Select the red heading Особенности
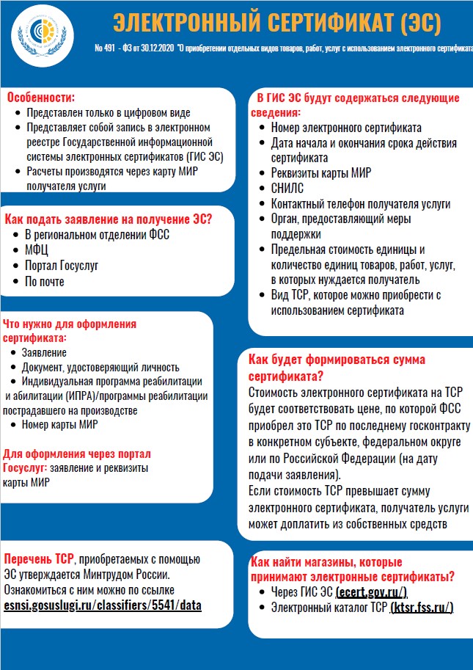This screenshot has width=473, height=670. tap(41, 98)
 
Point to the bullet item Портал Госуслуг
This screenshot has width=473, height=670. tap(62, 266)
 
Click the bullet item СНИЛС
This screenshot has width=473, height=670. tap(287, 188)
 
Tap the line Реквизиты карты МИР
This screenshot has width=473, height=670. tap(320, 172)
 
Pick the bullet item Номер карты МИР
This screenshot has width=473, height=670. tap(59, 424)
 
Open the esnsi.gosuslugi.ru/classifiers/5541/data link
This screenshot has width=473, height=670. tap(103, 605)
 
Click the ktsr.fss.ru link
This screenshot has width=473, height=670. tap(422, 608)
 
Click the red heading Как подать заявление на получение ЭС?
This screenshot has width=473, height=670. tap(109, 219)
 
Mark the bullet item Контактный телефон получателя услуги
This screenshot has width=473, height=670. tap(360, 203)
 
